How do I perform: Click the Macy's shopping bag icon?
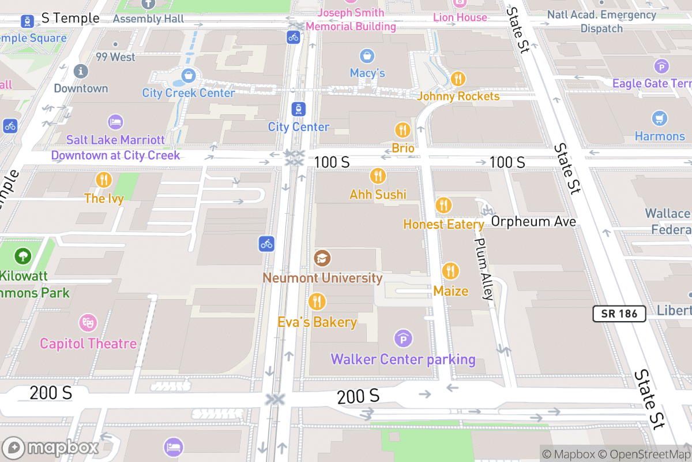(x=367, y=56)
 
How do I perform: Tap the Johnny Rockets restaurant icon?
(x=458, y=79)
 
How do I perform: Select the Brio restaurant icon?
(x=403, y=130)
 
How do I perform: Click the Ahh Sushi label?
(x=378, y=195)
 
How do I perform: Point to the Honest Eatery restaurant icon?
(x=443, y=205)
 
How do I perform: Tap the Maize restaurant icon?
(x=450, y=271)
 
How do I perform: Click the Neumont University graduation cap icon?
(x=322, y=258)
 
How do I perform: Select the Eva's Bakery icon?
(x=317, y=301)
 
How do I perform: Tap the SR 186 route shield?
(x=619, y=314)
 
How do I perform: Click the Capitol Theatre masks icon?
(x=88, y=323)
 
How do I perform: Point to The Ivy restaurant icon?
(x=104, y=180)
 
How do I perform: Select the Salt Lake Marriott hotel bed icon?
(x=115, y=122)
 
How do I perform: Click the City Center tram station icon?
(x=299, y=109)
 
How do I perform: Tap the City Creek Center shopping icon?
(x=188, y=75)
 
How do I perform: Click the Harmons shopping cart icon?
(x=660, y=118)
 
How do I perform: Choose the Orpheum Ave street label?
(x=533, y=222)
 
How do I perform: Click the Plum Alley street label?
(x=484, y=269)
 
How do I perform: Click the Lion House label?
(x=460, y=17)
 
